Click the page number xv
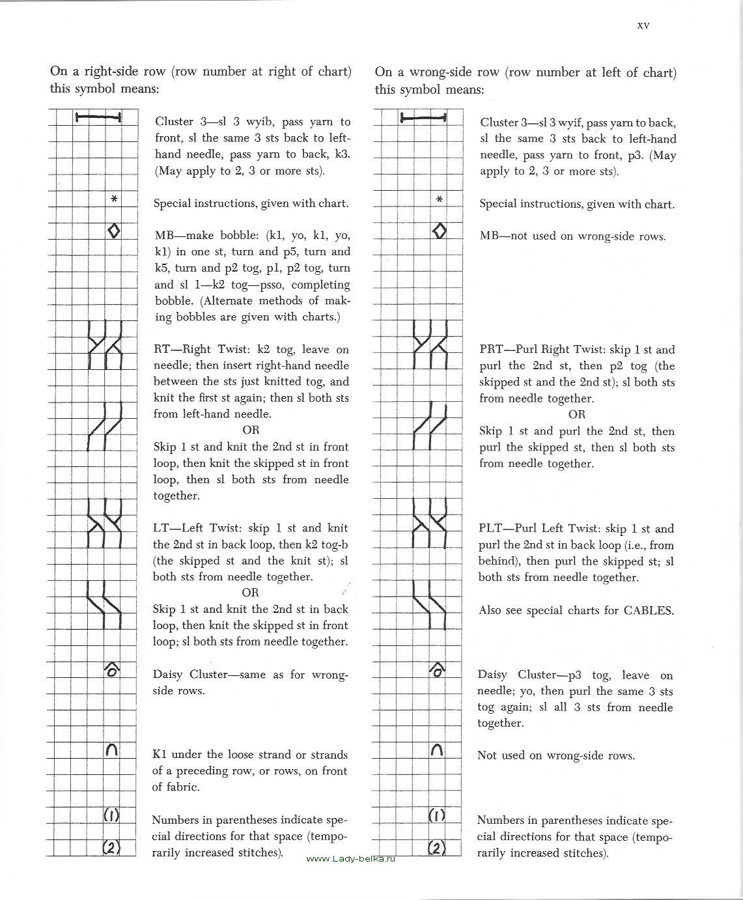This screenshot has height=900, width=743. coord(643,25)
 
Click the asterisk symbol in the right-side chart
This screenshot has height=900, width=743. coord(114,199)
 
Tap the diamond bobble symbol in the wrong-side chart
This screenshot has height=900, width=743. coord(440,231)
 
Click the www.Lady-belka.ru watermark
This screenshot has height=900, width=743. coord(350,858)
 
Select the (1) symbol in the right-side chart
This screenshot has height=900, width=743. coord(112,815)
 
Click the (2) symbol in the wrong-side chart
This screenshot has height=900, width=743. coord(437,847)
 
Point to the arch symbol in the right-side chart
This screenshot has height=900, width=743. coord(111,750)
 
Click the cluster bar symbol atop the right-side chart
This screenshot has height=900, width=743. coord(98,118)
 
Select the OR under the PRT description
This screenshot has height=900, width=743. coord(577,414)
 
